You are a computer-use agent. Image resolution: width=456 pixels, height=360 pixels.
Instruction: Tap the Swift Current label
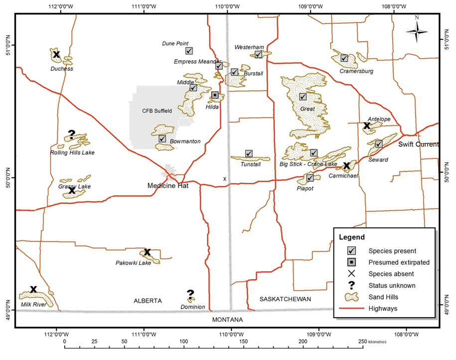pos(418,144)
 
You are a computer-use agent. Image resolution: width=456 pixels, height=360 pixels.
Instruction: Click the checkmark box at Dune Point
pos(189,51)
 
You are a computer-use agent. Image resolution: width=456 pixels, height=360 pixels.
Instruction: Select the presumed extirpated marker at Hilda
pos(215,95)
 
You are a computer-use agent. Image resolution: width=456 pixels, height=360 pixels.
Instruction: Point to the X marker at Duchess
pos(56,54)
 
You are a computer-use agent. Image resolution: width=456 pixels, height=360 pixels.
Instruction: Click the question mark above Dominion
pos(190,294)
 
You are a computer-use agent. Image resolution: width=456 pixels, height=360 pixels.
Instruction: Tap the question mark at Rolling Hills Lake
pos(71,134)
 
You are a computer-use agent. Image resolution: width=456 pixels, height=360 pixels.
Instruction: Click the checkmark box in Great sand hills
pos(303,97)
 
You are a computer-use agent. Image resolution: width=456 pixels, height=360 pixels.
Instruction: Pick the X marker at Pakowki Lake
pos(147,252)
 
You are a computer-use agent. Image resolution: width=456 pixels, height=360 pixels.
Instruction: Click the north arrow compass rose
pos(417,31)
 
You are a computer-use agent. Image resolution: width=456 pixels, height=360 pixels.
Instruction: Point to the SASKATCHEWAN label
pos(285,299)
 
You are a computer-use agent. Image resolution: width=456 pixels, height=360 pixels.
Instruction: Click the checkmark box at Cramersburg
pos(344,58)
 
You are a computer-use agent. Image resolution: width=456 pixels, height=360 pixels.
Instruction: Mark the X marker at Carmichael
pos(346,165)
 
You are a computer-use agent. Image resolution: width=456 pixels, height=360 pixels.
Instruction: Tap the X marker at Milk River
pos(33,289)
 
